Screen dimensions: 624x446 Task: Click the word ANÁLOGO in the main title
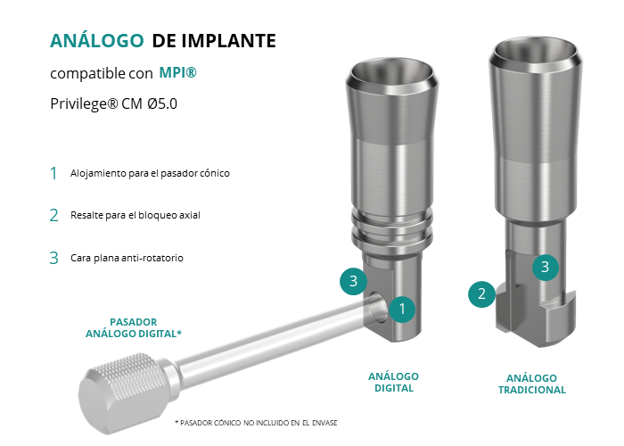click(96, 40)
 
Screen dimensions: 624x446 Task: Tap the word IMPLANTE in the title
click(229, 41)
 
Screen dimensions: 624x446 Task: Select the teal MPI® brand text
click(178, 72)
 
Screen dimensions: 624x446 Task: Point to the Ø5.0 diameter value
click(162, 103)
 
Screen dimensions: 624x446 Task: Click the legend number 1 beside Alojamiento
click(53, 174)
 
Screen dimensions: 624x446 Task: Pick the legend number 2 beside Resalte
click(53, 216)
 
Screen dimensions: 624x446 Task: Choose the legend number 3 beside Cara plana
click(53, 258)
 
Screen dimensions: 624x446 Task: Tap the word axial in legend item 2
click(190, 215)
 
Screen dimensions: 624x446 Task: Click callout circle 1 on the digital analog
click(402, 309)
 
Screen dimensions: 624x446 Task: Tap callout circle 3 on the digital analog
click(353, 281)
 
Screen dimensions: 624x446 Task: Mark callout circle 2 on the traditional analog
click(481, 293)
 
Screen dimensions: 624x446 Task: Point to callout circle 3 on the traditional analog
click(546, 267)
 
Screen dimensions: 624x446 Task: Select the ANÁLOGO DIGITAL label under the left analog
click(394, 383)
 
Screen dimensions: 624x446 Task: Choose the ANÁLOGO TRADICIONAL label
click(531, 384)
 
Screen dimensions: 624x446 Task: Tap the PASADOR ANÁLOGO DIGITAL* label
click(134, 327)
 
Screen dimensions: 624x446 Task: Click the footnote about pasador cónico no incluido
click(256, 423)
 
